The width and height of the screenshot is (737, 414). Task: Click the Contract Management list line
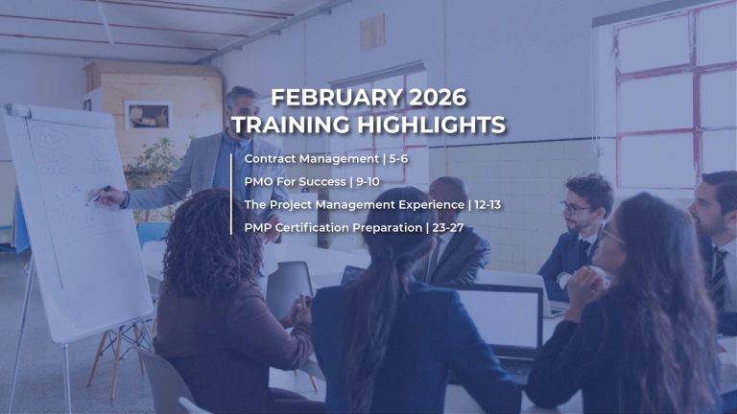pos(309,157)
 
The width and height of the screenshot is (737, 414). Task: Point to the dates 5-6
pos(397,157)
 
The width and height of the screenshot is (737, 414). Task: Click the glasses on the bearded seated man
pos(577,206)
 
